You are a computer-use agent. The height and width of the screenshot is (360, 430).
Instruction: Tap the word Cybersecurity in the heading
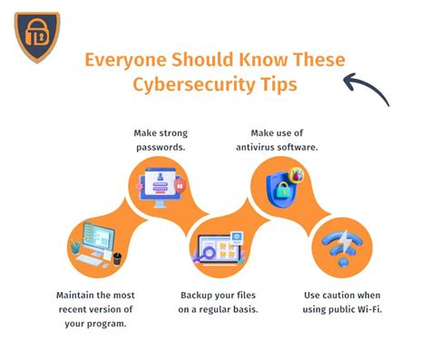202,86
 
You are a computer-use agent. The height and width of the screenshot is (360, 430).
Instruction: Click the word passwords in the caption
161,145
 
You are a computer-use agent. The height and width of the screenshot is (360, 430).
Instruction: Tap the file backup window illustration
219,250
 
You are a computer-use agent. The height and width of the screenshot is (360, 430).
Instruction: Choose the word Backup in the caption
199,296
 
